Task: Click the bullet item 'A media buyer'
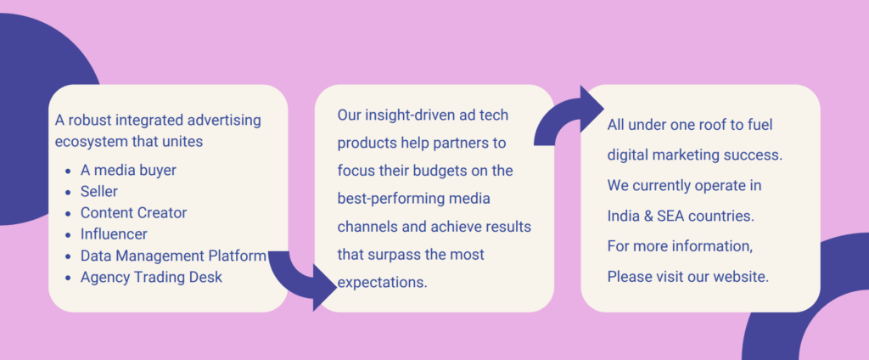(x=128, y=171)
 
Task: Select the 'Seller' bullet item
(x=99, y=191)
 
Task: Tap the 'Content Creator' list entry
(x=133, y=213)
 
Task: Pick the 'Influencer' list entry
(x=114, y=234)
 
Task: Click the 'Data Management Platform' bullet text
(x=173, y=256)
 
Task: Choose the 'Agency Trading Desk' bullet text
(x=151, y=277)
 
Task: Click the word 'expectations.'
(x=383, y=283)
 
